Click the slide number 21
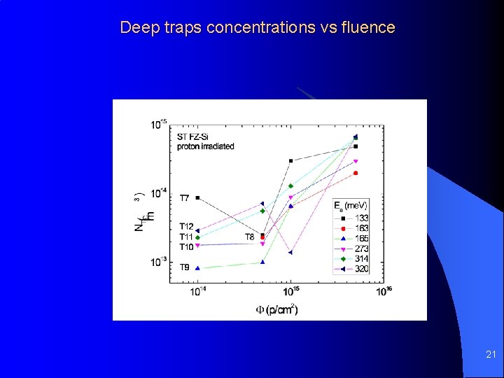(490, 356)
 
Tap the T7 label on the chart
(184, 198)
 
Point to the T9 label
(184, 267)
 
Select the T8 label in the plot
(250, 237)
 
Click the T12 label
(186, 226)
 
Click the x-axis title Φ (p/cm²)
(276, 309)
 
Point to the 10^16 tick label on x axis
(384, 291)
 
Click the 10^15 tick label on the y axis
(159, 125)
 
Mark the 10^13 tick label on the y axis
(159, 262)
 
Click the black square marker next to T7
(198, 198)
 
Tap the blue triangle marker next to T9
(198, 268)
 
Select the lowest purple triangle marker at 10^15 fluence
(290, 252)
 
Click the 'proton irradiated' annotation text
(206, 146)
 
